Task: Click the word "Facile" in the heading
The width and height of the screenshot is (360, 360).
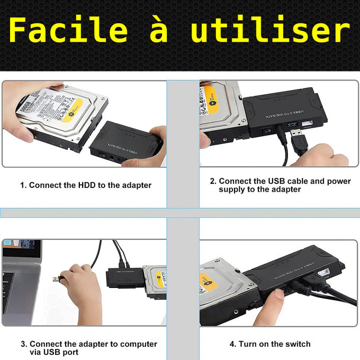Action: pyautogui.click(x=68, y=30)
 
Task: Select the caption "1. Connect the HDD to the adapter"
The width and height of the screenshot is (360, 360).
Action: pyautogui.click(x=86, y=185)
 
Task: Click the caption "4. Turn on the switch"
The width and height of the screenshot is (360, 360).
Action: pyautogui.click(x=270, y=344)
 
